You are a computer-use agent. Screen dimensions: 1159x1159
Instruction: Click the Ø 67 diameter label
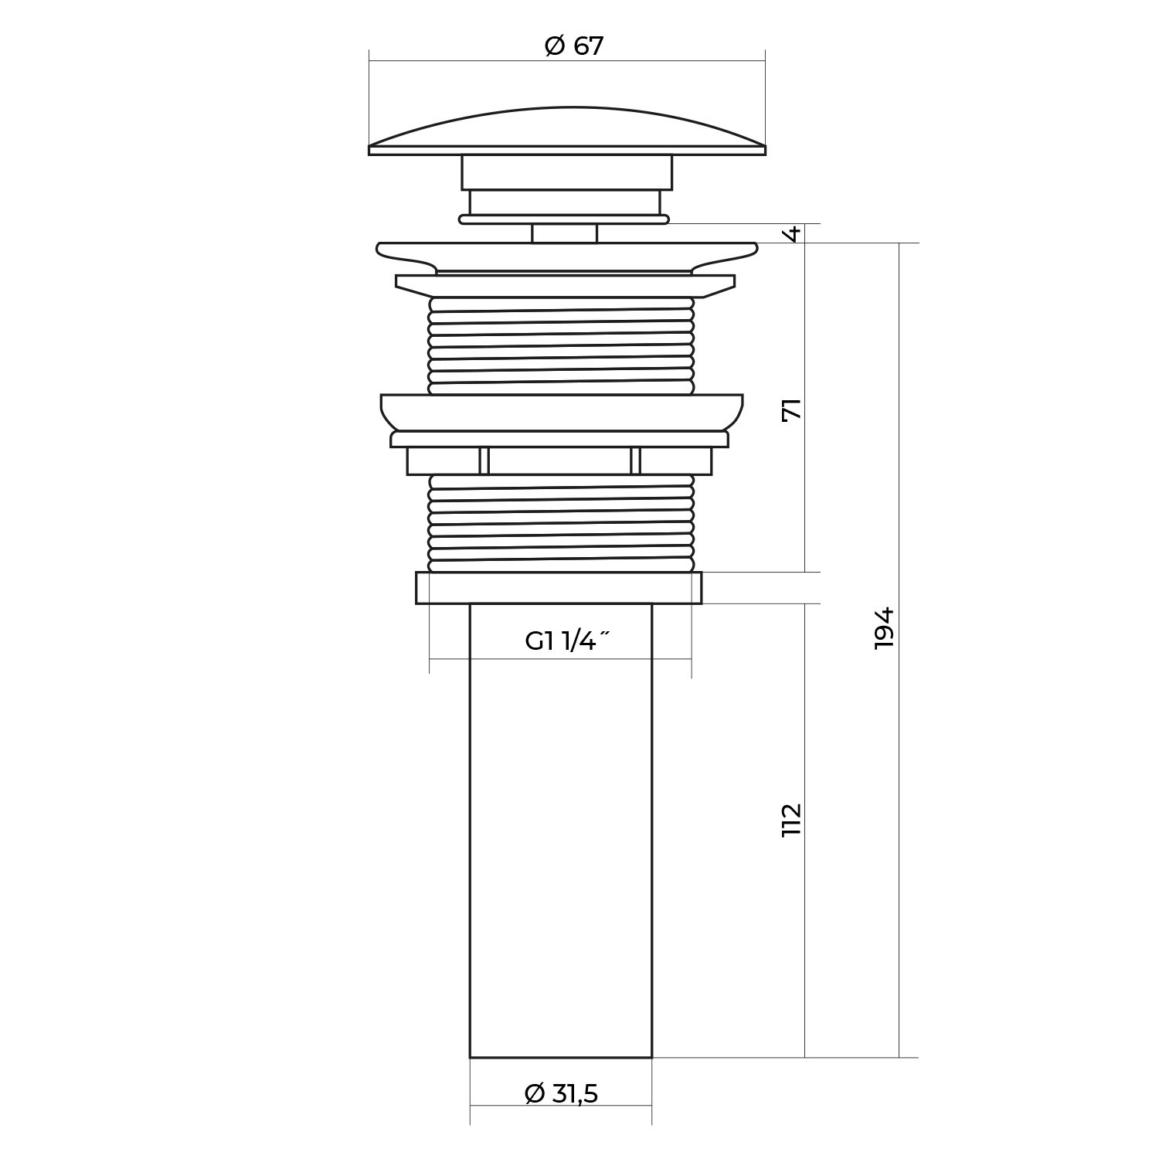tap(573, 46)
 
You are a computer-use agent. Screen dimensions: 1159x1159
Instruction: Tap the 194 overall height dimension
tap(884, 627)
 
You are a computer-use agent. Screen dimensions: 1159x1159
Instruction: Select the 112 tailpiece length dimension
tap(792, 820)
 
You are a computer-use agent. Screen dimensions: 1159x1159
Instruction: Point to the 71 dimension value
tap(792, 409)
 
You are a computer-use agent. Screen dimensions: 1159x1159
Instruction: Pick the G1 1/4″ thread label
tap(568, 641)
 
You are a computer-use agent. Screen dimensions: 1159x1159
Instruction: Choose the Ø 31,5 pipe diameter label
tap(561, 1093)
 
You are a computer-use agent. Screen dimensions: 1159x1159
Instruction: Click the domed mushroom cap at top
tap(567, 131)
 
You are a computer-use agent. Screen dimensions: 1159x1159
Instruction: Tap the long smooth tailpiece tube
tap(561, 830)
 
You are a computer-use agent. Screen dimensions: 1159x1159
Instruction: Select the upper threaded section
tap(561, 346)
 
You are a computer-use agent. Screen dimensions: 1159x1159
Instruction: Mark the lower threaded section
tap(561, 523)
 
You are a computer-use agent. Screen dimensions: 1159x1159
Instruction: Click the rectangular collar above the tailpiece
tap(559, 587)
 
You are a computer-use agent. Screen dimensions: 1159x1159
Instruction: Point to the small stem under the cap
tap(564, 233)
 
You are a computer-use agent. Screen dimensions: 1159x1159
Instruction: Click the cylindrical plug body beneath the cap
tap(567, 172)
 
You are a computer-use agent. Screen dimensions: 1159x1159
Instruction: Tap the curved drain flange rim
tap(567, 257)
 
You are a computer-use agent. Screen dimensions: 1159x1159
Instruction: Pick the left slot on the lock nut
tap(484, 461)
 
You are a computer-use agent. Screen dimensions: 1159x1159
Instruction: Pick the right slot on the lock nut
tap(635, 461)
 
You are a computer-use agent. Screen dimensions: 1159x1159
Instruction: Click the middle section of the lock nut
tap(559, 461)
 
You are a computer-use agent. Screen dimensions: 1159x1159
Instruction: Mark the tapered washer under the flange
tap(565, 286)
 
